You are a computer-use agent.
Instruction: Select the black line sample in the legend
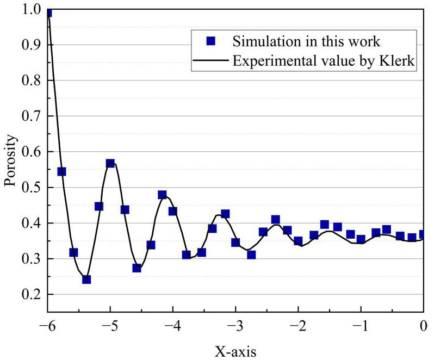(210, 61)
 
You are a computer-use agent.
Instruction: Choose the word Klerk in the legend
(399, 61)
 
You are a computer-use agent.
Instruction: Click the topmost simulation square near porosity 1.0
(49, 12)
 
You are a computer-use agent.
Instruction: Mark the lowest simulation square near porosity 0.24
(86, 279)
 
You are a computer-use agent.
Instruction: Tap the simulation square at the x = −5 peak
(110, 164)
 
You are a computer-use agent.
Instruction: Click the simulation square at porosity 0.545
(61, 172)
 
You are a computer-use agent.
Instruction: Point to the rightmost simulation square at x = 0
(423, 234)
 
